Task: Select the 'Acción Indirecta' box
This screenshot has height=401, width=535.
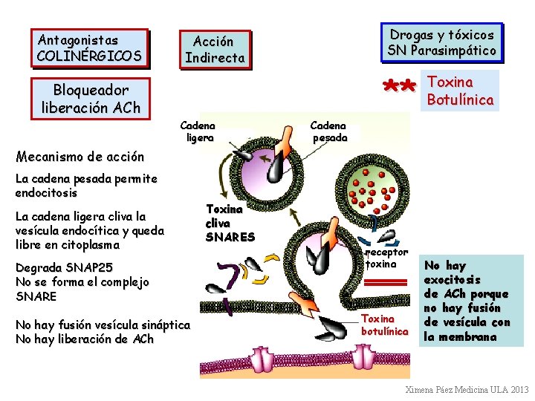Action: click(x=215, y=50)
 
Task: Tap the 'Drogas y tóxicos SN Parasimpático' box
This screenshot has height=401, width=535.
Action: click(x=441, y=43)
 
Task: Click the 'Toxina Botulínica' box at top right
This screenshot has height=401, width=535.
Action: click(x=461, y=90)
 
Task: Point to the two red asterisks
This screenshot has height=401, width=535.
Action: click(x=399, y=88)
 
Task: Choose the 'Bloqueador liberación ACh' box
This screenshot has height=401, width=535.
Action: click(x=91, y=98)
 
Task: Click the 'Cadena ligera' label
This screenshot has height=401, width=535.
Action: click(x=198, y=131)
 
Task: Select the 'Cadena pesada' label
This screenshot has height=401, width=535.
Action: click(x=329, y=131)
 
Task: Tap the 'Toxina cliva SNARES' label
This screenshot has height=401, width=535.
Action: click(x=230, y=223)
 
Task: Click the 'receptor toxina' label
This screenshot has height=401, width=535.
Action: click(x=387, y=258)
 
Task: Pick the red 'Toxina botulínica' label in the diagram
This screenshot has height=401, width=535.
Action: click(x=384, y=325)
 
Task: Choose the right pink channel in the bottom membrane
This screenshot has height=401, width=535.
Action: click(x=363, y=357)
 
